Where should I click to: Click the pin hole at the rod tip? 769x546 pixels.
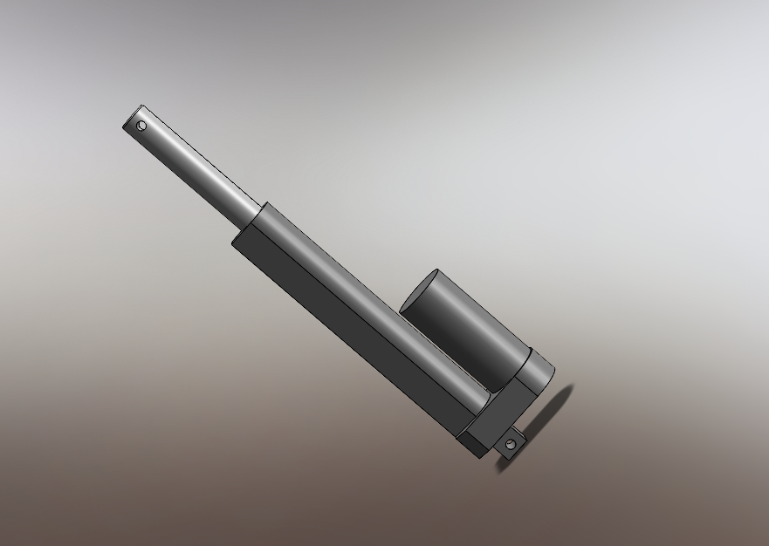(142, 126)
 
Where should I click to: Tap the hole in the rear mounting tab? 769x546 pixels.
(511, 445)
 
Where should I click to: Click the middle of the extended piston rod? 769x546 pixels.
(196, 166)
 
